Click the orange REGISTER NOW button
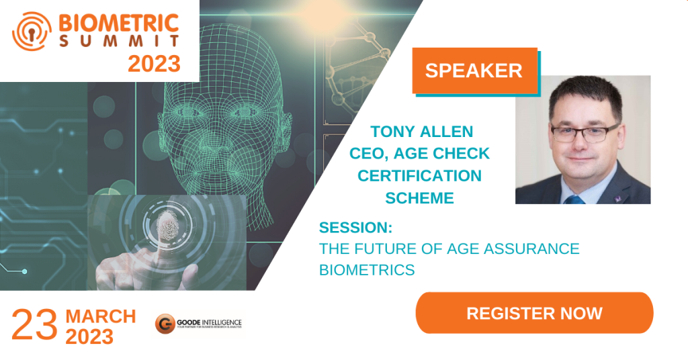click(534, 313)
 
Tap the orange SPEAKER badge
click(474, 71)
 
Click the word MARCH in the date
click(101, 316)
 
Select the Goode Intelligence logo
click(198, 324)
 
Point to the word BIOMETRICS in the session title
click(366, 270)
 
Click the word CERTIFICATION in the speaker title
click(419, 176)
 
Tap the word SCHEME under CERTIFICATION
click(419, 197)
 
